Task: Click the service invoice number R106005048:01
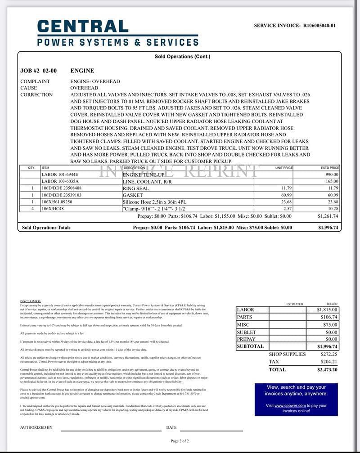[x=319, y=26]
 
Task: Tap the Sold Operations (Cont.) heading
[x=182, y=57]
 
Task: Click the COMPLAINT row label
[x=35, y=81]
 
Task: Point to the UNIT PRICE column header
[x=284, y=168]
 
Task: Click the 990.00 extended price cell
[x=332, y=174]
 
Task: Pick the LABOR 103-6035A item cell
[x=60, y=181]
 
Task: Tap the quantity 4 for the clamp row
[x=32, y=209]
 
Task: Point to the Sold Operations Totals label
[x=46, y=228]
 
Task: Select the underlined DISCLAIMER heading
[x=31, y=301]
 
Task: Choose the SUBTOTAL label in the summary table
[x=250, y=346]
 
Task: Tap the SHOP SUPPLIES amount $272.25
[x=329, y=354]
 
